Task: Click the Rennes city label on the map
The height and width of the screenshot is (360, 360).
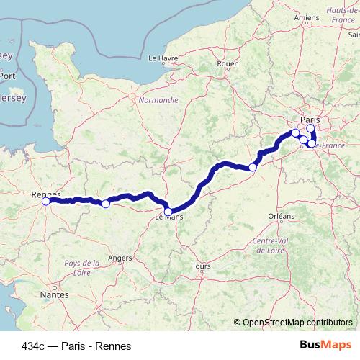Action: [x=46, y=194]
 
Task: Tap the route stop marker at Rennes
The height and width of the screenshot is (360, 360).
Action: [x=46, y=202]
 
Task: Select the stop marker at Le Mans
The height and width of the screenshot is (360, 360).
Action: [x=168, y=212]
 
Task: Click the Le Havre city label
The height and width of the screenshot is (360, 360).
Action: [x=163, y=58]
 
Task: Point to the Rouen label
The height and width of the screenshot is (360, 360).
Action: [x=228, y=63]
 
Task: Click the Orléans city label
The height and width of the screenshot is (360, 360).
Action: [x=281, y=216]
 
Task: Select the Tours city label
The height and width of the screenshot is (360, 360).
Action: [x=202, y=266]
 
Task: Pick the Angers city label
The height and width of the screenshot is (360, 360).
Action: [x=119, y=257]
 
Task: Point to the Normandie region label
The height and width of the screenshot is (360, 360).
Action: [x=158, y=100]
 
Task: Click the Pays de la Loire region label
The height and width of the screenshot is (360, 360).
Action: [x=81, y=268]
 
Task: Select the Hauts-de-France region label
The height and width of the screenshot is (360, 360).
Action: [x=343, y=15]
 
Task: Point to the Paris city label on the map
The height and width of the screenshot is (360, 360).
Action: [x=310, y=121]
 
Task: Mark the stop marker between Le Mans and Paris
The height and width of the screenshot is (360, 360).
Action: [x=253, y=168]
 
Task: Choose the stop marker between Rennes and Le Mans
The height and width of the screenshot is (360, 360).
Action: [x=105, y=204]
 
